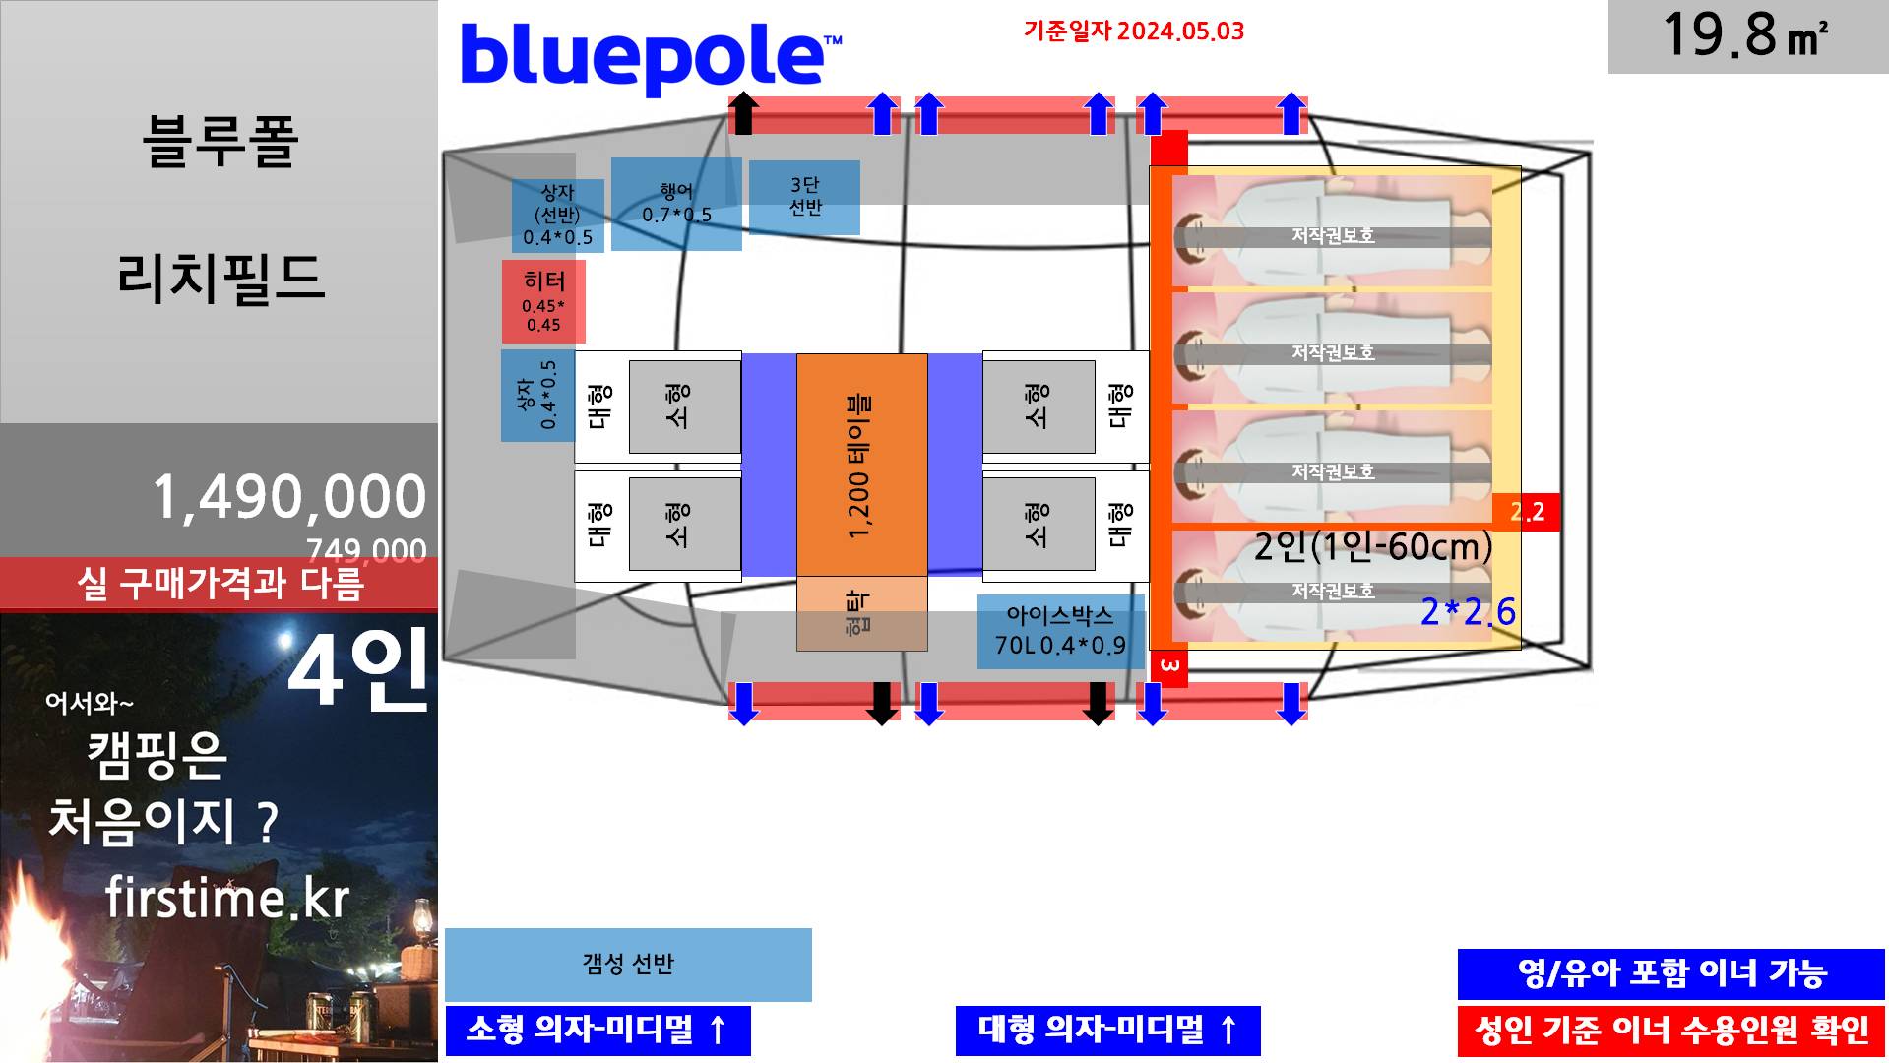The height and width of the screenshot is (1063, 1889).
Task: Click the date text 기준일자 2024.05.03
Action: click(x=1133, y=31)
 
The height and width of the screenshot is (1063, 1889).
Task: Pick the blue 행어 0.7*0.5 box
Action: click(x=676, y=204)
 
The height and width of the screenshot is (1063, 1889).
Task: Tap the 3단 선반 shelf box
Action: click(x=804, y=197)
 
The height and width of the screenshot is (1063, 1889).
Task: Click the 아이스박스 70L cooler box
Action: click(x=1060, y=631)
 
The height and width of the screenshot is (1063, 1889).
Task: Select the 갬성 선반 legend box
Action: click(x=628, y=964)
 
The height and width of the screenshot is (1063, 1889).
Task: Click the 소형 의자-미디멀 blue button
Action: click(x=598, y=1030)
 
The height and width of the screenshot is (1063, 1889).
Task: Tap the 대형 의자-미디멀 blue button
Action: click(x=1107, y=1030)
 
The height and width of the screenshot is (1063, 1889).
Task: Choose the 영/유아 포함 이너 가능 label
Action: click(x=1670, y=973)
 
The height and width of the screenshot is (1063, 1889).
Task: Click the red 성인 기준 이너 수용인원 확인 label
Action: click(x=1670, y=1031)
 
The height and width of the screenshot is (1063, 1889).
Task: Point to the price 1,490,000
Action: click(x=289, y=496)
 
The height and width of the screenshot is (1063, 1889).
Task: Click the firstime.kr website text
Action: click(x=227, y=898)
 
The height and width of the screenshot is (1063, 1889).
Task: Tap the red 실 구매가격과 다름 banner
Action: click(x=220, y=584)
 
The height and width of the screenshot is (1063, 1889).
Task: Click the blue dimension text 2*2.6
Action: click(x=1468, y=612)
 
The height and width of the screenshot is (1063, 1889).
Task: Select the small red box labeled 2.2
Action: click(x=1527, y=512)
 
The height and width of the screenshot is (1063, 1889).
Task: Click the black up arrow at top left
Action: click(x=744, y=112)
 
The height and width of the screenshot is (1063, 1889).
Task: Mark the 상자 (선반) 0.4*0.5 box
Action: click(x=557, y=215)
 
